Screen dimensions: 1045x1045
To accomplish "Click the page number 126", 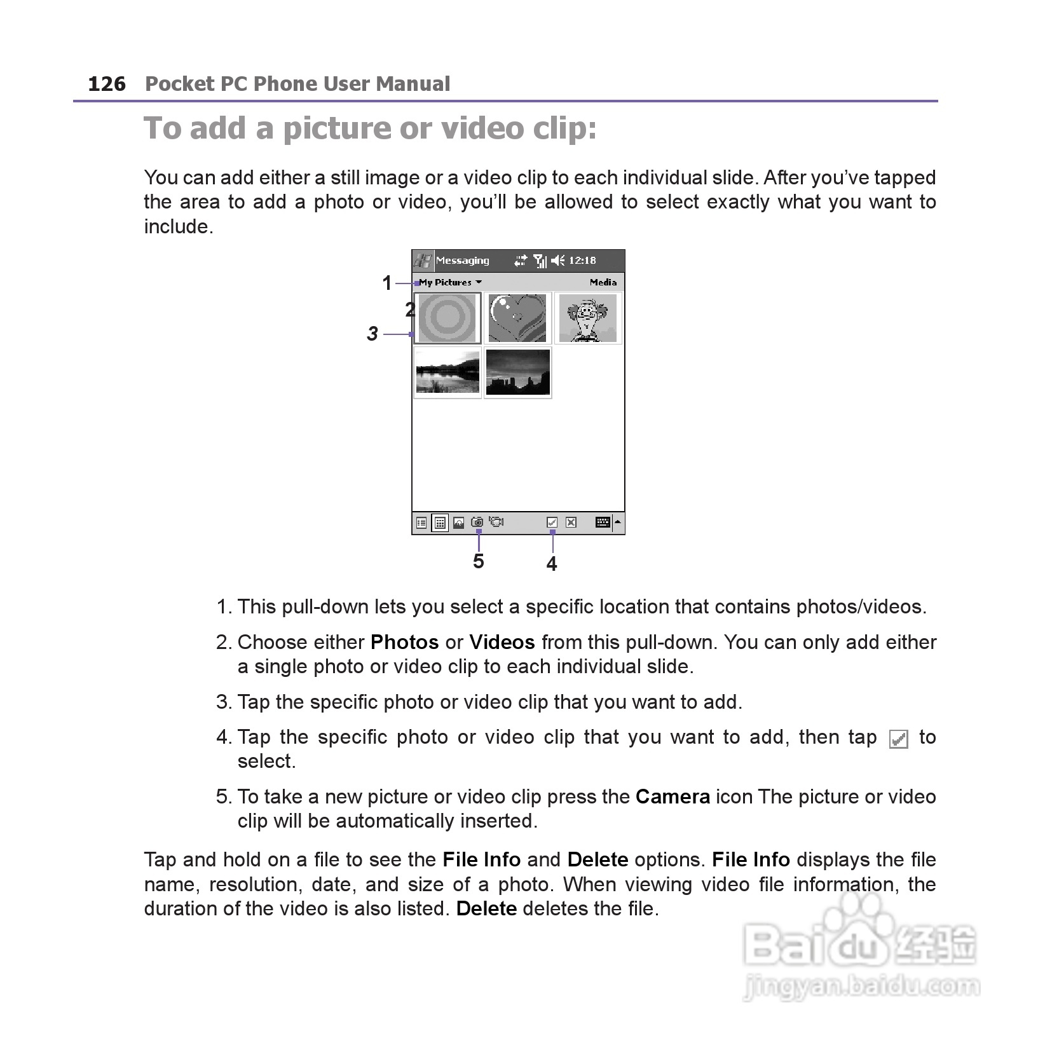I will [x=107, y=84].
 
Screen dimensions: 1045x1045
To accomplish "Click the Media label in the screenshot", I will [x=603, y=282].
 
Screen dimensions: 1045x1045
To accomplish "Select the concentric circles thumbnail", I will [x=447, y=318].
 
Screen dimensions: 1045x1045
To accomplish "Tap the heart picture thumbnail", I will [x=517, y=318].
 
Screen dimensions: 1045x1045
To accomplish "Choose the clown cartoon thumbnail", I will [x=587, y=318].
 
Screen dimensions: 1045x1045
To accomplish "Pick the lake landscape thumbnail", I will [x=447, y=372].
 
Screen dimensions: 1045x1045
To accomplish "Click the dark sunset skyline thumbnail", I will [x=517, y=372].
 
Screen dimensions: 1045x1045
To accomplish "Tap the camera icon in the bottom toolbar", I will [x=477, y=522].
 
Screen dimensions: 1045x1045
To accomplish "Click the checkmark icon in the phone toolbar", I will [x=552, y=522].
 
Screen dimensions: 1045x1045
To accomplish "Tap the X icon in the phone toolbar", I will [x=571, y=522].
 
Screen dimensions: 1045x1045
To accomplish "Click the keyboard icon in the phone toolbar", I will [x=603, y=522].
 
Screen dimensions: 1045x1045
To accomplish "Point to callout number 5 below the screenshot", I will [x=479, y=561].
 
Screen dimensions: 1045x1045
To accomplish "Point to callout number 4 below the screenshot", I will [x=552, y=564].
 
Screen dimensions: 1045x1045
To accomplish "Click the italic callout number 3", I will [x=372, y=334].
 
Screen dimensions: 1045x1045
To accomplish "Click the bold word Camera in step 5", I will [x=673, y=796].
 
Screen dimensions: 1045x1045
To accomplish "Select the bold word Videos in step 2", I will [x=502, y=642].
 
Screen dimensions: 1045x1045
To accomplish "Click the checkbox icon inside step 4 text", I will [x=898, y=739].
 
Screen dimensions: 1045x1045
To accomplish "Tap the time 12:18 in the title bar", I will [x=582, y=261].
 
